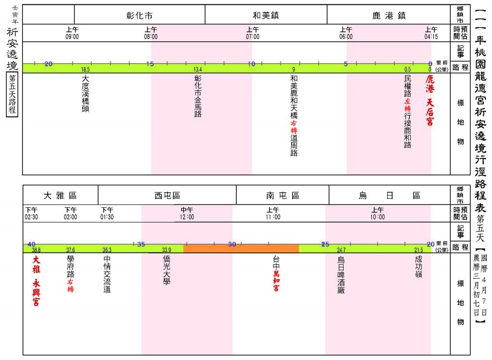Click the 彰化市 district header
click(139, 15)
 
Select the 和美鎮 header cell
click(266, 15)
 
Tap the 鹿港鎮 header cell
click(389, 15)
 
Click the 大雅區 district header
click(60, 196)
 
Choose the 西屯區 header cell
click(167, 196)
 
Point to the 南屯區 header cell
click(283, 196)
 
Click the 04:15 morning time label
click(431, 33)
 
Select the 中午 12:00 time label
click(187, 213)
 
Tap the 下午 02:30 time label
click(31, 213)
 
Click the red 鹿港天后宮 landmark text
click(430, 100)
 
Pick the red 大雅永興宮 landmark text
click(37, 281)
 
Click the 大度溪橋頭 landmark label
click(86, 93)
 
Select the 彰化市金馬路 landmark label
click(197, 96)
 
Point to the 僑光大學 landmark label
click(167, 270)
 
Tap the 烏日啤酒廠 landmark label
click(341, 275)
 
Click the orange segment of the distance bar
click(241, 248)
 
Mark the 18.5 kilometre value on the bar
click(86, 69)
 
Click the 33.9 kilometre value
click(167, 250)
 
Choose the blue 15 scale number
click(150, 64)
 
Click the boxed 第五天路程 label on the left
click(12, 95)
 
